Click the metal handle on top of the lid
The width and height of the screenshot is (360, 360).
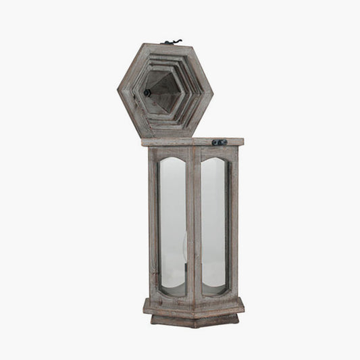[172, 43]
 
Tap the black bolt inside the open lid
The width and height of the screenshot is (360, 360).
[147, 93]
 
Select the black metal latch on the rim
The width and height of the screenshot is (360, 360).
[219, 143]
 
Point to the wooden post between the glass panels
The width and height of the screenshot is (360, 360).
[195, 223]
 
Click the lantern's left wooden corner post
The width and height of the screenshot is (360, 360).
[153, 223]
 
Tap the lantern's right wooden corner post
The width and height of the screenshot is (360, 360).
[234, 223]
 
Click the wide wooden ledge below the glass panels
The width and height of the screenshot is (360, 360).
[195, 307]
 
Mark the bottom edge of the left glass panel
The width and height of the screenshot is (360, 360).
[173, 293]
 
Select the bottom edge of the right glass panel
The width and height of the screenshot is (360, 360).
[213, 293]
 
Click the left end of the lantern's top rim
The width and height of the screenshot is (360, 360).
[145, 143]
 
